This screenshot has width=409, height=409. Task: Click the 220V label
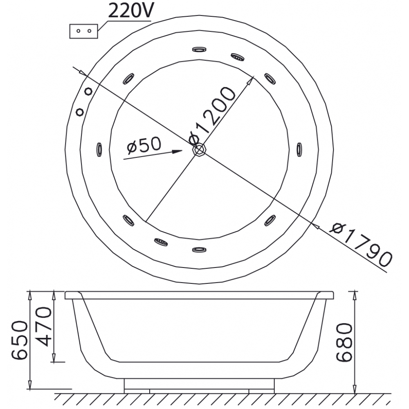point(131,11)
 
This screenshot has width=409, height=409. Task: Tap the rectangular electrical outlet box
point(84,31)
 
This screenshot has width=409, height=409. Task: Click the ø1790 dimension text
point(361,245)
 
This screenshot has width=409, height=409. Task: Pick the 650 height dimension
point(20,340)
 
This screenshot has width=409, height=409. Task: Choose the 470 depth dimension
point(43,326)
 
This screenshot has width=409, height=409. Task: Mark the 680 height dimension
point(344,342)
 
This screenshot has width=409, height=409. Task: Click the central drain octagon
point(199,150)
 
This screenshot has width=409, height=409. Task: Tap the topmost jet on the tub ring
point(199,49)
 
